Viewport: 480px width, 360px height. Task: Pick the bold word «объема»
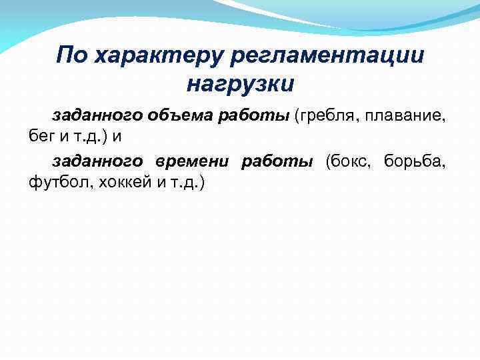click(x=178, y=116)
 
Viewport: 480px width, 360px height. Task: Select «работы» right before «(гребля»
click(x=254, y=116)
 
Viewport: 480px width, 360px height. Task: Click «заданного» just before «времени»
click(x=97, y=161)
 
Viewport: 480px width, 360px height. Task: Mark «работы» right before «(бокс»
click(x=276, y=161)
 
